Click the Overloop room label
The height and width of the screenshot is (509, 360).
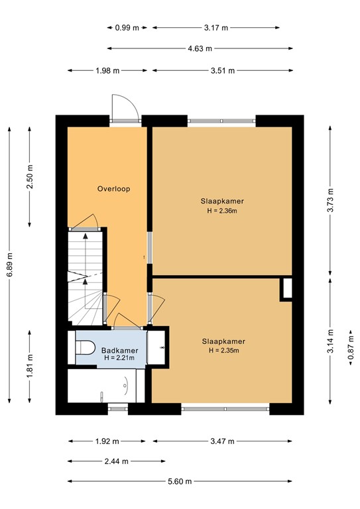click(x=113, y=189)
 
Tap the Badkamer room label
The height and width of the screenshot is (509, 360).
click(x=119, y=350)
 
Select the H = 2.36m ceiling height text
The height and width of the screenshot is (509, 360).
click(x=222, y=211)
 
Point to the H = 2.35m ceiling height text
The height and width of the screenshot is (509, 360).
click(x=223, y=351)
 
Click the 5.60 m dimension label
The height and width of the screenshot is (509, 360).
click(x=180, y=481)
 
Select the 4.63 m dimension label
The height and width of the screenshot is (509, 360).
click(x=200, y=48)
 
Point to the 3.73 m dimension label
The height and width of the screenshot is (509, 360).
click(x=330, y=199)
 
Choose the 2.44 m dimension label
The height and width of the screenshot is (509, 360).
click(x=117, y=461)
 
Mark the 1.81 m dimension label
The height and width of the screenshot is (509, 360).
click(x=30, y=365)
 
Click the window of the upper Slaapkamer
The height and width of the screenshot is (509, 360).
click(x=221, y=121)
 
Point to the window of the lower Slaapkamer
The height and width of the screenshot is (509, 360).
click(x=225, y=408)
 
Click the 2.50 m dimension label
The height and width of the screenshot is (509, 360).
click(x=30, y=175)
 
